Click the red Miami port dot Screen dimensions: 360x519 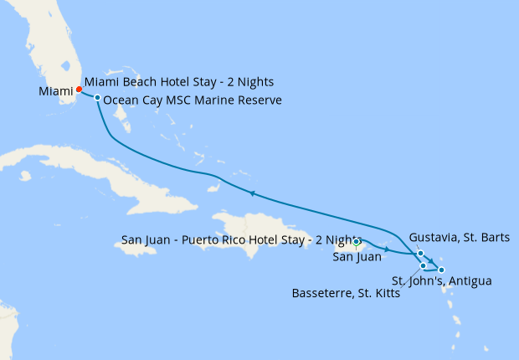point(79,89)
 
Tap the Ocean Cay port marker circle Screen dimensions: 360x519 point(98,98)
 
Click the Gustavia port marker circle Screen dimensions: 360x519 point(420,254)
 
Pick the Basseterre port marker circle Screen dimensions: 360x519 point(424,265)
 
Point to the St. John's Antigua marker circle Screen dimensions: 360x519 point(441,270)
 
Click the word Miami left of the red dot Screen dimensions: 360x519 point(56,90)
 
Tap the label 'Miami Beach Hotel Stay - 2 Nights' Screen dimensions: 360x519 point(179,83)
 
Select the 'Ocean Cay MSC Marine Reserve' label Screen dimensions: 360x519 point(193,100)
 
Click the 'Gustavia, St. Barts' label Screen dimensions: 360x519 point(460,238)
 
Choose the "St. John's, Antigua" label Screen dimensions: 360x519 point(441,280)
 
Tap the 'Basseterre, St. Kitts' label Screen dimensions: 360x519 point(345,294)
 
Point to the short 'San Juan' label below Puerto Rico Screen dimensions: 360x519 point(357,257)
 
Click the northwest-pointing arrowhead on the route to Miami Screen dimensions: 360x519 point(250,193)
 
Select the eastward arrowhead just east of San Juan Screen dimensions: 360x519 point(386,249)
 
